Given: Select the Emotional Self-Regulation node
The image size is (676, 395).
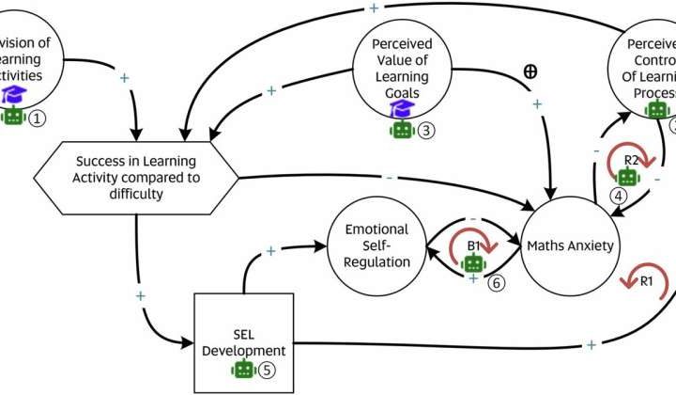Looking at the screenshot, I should click(x=376, y=246).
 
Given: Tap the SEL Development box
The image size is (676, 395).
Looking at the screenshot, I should click(x=238, y=342).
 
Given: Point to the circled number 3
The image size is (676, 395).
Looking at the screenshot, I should click(x=426, y=131).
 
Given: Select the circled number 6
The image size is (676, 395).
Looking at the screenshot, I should click(x=496, y=281).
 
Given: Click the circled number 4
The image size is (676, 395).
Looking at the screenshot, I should click(x=620, y=197).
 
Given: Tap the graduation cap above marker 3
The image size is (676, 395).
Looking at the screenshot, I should click(x=403, y=110).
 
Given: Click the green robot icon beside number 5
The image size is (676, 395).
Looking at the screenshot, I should click(x=244, y=369).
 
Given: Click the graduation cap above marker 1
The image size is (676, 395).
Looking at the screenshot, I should click(x=13, y=94).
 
